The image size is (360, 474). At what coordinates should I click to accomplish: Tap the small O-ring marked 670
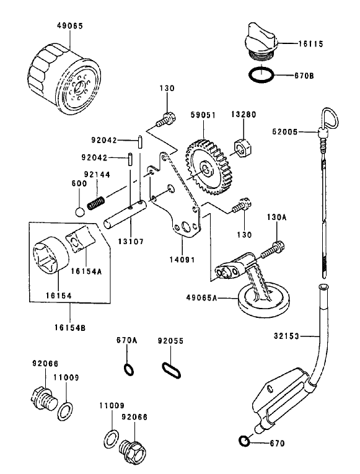click(244, 441)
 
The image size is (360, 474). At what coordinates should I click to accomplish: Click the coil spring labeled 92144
click(96, 202)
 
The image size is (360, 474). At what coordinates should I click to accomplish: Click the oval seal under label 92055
click(170, 370)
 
